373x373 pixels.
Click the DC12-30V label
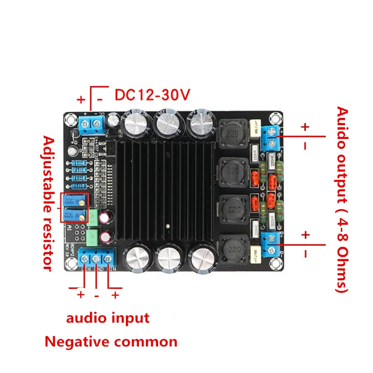pos(152,95)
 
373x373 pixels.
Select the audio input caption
pos(108,318)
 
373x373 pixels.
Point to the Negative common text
pos(111,342)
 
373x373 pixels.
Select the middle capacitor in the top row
pos(166,124)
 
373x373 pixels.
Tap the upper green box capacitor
pos(93,217)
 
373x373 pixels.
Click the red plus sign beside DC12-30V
pos(81,99)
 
